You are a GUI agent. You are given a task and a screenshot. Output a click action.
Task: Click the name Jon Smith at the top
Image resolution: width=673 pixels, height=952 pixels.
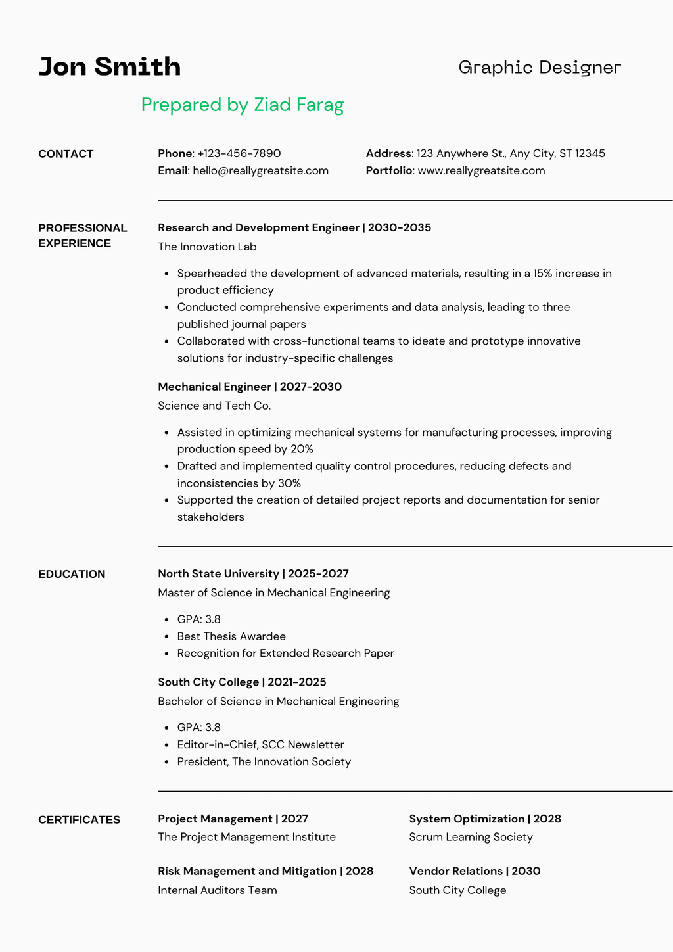coord(110,67)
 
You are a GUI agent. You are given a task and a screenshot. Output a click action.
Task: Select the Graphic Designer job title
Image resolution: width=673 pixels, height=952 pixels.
coord(540,68)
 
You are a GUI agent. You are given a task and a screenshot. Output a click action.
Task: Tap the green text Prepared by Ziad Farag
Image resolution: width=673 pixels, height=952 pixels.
coord(243,105)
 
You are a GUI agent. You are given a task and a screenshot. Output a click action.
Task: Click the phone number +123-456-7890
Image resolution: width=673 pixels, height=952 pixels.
coord(239,154)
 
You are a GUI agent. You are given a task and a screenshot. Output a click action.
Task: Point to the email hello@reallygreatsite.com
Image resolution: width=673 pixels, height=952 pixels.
coord(260,171)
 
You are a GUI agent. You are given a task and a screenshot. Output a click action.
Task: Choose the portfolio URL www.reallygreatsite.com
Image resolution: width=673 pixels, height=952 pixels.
coord(481,171)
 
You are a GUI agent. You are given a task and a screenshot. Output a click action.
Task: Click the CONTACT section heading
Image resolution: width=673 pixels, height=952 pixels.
coord(66,155)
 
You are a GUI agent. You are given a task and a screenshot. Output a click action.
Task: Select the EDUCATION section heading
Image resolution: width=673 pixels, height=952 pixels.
coord(72,575)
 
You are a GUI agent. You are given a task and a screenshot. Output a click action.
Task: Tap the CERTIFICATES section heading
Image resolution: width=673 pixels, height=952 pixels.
coord(80,820)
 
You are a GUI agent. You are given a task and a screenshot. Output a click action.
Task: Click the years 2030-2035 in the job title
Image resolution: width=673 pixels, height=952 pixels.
coord(400,228)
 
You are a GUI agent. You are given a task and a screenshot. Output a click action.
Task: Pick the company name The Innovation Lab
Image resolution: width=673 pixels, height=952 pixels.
coord(207,247)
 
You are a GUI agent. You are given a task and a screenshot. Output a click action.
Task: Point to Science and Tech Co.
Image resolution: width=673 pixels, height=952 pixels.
coord(214,406)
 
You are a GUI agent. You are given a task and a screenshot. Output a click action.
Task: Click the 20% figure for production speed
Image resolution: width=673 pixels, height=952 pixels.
coord(302,450)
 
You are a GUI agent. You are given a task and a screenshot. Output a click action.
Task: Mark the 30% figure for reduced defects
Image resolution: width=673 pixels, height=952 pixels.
coord(289,484)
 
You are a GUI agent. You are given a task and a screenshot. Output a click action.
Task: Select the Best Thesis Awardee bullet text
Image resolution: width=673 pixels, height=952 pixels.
coord(231,637)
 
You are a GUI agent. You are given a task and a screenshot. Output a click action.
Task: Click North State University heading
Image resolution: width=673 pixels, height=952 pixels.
coord(218,574)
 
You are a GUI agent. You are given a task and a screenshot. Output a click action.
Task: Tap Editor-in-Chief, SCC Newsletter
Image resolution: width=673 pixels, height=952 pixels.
coord(260,745)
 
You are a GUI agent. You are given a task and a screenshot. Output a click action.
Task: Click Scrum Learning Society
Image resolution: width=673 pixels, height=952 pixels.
coord(471,838)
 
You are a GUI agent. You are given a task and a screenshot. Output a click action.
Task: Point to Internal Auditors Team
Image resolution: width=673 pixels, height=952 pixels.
coord(218,891)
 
